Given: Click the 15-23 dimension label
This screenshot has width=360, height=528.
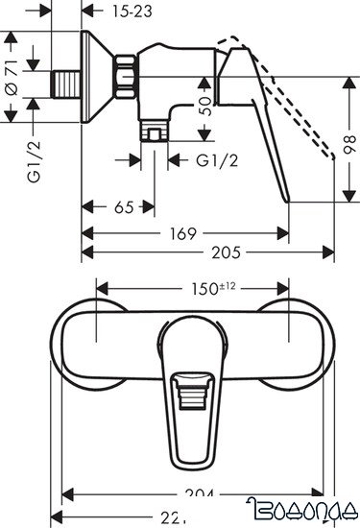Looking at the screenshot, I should (x=128, y=12).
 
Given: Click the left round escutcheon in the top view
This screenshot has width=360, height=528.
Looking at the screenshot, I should (x=100, y=341).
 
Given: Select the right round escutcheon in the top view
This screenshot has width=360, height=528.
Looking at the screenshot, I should (x=289, y=341).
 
